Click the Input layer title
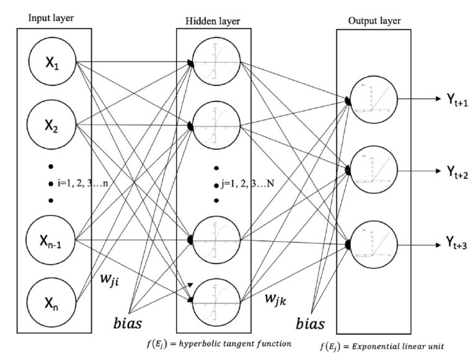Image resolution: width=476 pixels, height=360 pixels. coord(51,17)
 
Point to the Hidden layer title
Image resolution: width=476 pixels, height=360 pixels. coord(213,22)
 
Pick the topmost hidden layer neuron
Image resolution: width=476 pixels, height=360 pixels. coord(213,64)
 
